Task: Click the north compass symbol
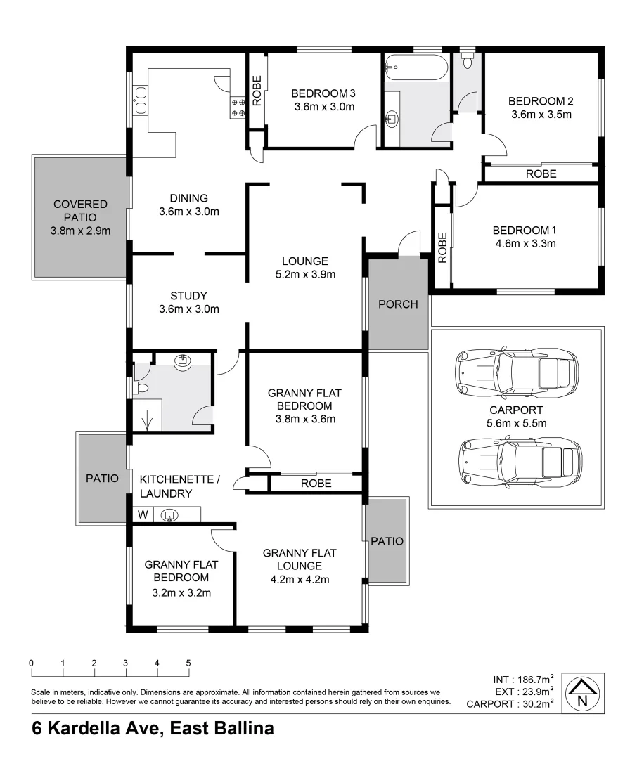(582, 693)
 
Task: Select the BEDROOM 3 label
(323, 93)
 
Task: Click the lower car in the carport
(519, 461)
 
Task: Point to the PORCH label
(398, 304)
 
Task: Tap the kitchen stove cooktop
(238, 107)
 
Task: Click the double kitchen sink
(140, 100)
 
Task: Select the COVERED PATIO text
(80, 211)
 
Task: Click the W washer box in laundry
(143, 514)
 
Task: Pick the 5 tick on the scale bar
(188, 663)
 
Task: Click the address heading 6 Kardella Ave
(153, 728)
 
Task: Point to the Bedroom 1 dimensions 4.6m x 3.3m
(524, 245)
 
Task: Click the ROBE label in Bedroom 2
(541, 174)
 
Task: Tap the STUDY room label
(188, 296)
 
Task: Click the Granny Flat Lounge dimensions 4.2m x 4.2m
(300, 580)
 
